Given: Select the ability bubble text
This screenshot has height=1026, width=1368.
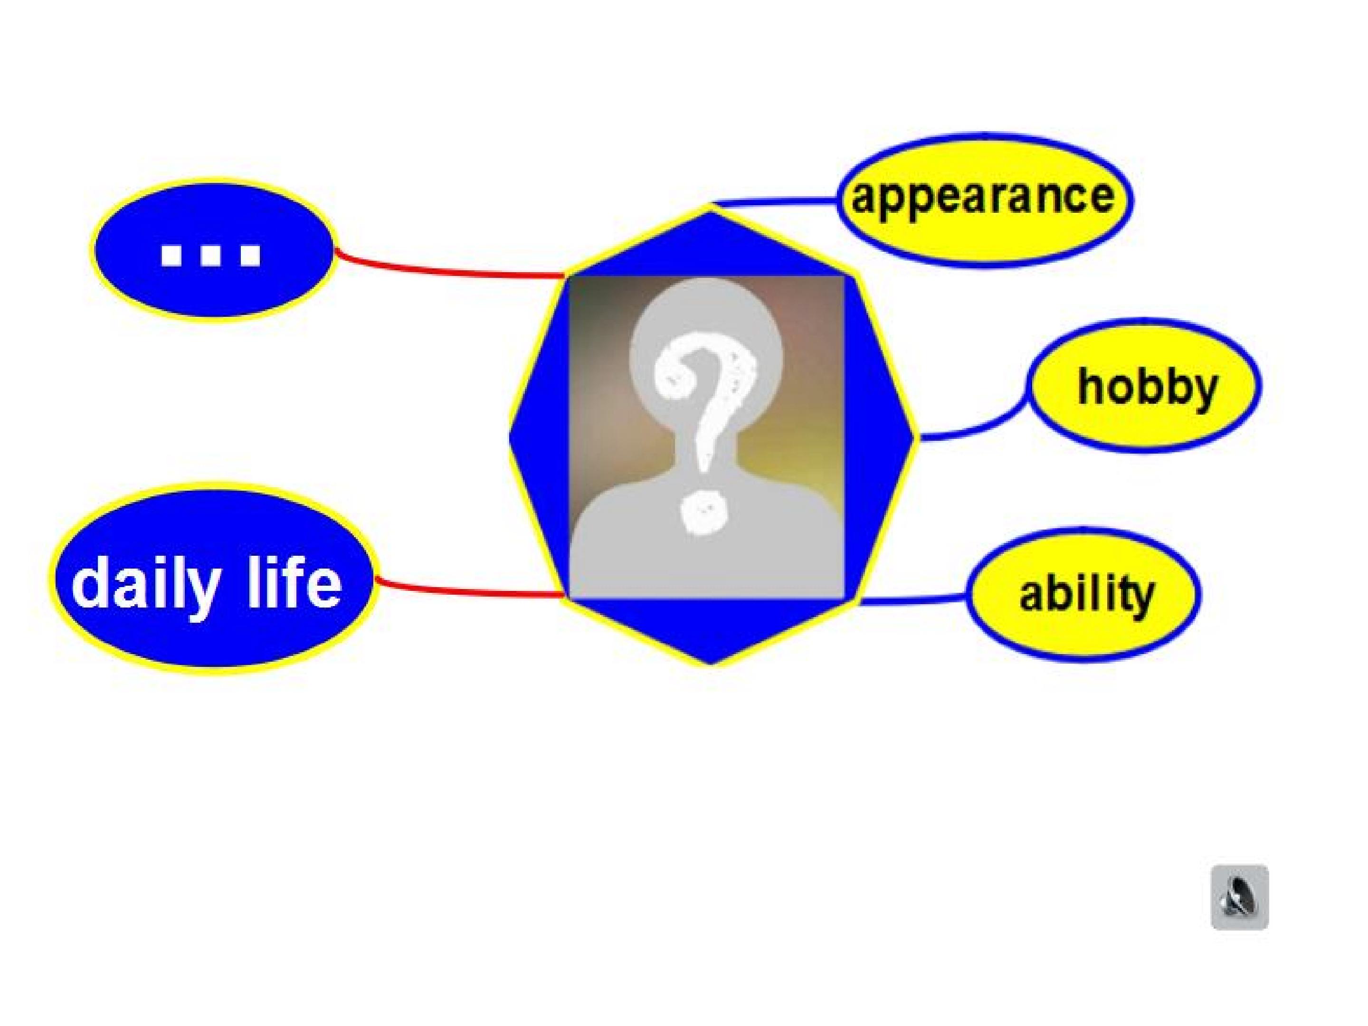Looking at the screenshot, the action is point(1086,594).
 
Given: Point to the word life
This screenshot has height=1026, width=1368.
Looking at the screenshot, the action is point(294,581).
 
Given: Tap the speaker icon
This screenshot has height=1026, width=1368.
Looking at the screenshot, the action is point(1239,897).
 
